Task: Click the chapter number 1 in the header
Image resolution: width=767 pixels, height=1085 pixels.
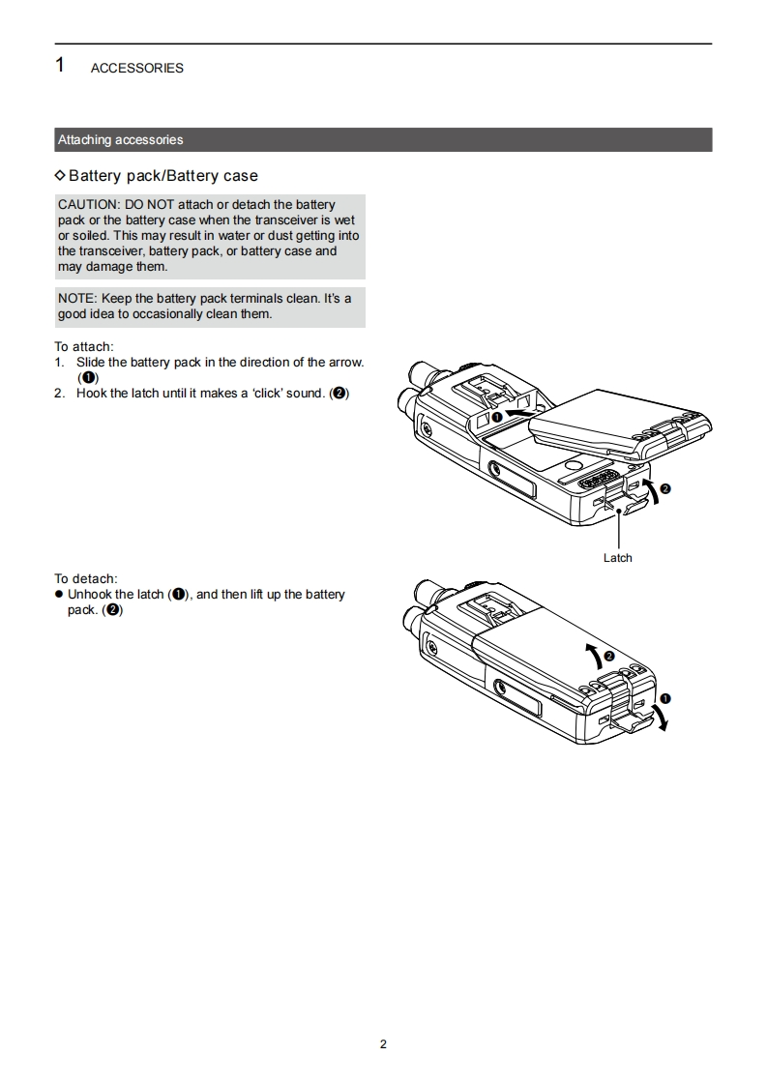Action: [x=60, y=65]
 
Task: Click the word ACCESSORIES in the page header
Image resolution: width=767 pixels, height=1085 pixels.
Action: [x=137, y=68]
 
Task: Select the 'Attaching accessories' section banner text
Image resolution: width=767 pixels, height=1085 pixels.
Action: [x=121, y=140]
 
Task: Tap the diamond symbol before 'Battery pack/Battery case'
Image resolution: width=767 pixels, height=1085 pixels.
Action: [x=60, y=175]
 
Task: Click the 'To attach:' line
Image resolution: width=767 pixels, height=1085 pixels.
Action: [x=84, y=346]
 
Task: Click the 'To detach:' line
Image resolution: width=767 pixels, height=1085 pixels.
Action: [x=86, y=578]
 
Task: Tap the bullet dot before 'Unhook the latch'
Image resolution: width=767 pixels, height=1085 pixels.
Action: [x=59, y=594]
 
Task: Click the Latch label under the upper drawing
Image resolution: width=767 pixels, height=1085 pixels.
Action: [x=617, y=558]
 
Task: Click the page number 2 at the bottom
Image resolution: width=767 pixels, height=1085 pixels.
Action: [x=383, y=1044]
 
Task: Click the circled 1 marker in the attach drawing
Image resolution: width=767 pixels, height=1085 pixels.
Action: [x=496, y=417]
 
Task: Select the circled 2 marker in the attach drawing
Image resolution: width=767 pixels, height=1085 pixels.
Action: [x=665, y=488]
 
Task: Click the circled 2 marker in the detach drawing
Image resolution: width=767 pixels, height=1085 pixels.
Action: [x=609, y=656]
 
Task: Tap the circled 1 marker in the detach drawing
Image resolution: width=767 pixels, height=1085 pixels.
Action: [x=665, y=698]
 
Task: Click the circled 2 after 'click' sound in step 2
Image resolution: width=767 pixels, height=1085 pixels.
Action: [x=339, y=393]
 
